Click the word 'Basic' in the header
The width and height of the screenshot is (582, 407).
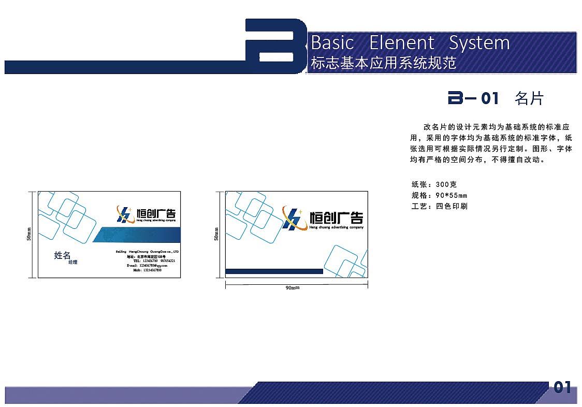(332, 42)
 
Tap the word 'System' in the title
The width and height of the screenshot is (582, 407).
(479, 42)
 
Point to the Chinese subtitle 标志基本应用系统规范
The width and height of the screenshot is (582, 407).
(383, 63)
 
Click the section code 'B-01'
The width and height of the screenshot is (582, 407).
(473, 98)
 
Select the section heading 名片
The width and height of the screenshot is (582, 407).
(529, 98)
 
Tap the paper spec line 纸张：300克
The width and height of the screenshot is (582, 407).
(434, 184)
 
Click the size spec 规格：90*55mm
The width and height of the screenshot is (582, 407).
(439, 195)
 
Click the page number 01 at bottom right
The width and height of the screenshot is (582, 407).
(562, 387)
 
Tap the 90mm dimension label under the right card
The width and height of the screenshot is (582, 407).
(293, 287)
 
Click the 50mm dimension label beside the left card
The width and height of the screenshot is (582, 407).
(30, 235)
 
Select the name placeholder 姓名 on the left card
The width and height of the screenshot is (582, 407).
(62, 255)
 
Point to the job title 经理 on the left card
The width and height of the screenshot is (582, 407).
(73, 263)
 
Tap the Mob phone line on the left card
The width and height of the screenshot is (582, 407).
(148, 270)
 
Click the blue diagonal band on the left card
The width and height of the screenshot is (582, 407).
(137, 235)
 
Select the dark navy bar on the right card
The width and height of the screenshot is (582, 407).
(274, 271)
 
